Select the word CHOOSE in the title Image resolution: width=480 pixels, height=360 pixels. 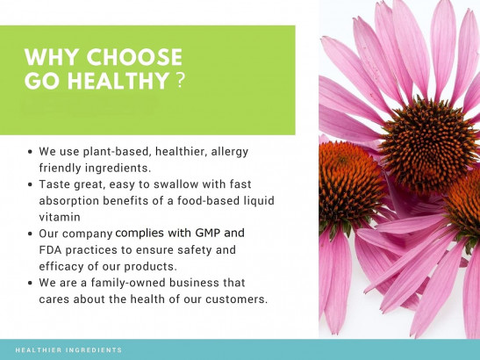pos(134,57)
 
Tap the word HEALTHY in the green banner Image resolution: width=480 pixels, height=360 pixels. pos(118,81)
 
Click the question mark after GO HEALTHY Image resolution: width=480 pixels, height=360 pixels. pos(181,81)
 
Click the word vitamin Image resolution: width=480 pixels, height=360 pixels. pos(60,217)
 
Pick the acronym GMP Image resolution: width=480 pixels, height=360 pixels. pos(208,234)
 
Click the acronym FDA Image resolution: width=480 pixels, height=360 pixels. pos(50,250)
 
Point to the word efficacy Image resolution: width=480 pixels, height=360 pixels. pos(61,267)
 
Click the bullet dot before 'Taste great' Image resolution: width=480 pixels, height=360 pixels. pos(30,184)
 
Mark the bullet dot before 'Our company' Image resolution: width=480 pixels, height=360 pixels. pos(30,234)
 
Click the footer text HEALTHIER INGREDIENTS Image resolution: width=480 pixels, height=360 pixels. pos(68,349)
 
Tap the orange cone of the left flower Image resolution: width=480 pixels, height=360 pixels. pos(349,183)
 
